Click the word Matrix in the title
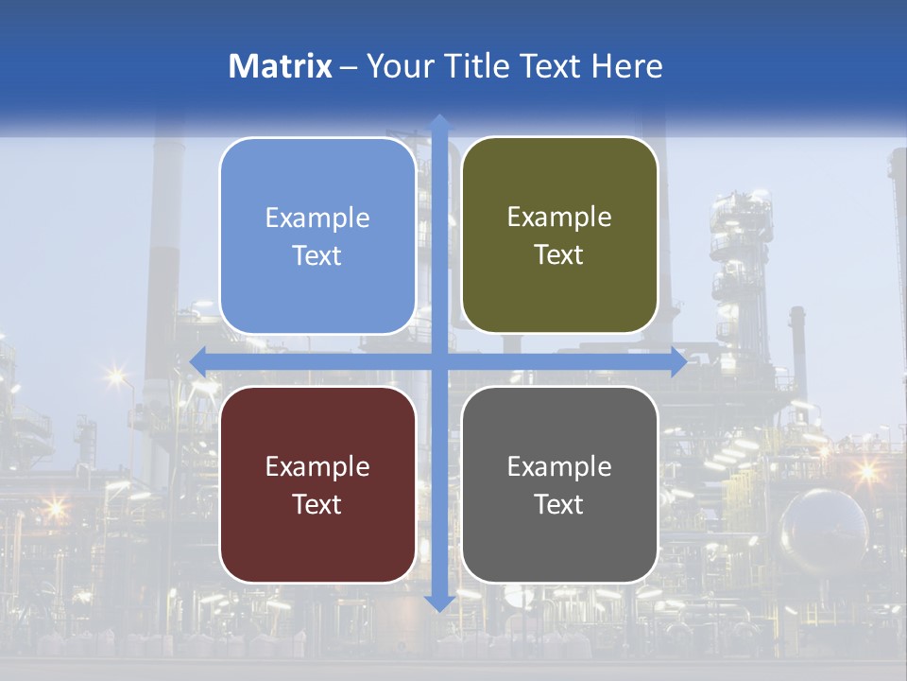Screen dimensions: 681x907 [x=281, y=66]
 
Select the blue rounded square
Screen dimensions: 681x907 [x=317, y=236]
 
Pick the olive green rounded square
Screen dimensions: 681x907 [x=559, y=236]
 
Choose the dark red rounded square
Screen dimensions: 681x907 [x=317, y=484]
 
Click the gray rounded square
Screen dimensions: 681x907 [x=559, y=484]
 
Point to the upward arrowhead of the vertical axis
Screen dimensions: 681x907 [x=439, y=122]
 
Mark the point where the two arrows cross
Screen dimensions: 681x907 [x=439, y=361]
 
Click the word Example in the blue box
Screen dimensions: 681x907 [x=317, y=218]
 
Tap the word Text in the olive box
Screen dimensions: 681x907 [x=559, y=255]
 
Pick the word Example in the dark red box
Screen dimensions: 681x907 [x=317, y=466]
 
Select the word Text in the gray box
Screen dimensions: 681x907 [x=559, y=504]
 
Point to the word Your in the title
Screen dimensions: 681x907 [x=398, y=66]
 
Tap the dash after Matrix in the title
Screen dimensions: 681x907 [x=349, y=67]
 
